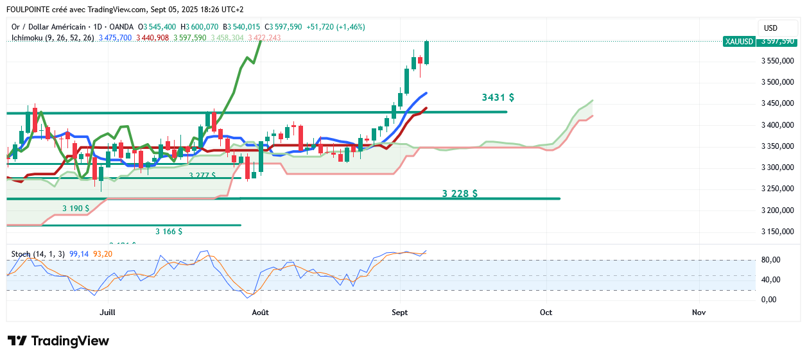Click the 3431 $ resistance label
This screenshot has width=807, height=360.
498,98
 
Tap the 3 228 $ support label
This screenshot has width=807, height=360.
460,193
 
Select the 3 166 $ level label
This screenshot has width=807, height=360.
169,231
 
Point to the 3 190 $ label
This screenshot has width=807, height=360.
76,209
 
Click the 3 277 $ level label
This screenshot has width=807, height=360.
202,175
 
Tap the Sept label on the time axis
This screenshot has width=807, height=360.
399,313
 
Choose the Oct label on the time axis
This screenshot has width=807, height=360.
546,313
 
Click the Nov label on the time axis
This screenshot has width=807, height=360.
699,313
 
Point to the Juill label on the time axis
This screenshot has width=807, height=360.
108,313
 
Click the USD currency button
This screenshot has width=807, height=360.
770,28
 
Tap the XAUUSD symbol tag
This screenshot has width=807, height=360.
738,41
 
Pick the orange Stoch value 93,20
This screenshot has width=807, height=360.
103,254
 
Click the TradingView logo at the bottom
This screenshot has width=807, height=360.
58,341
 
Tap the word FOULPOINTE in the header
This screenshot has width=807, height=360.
30,10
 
